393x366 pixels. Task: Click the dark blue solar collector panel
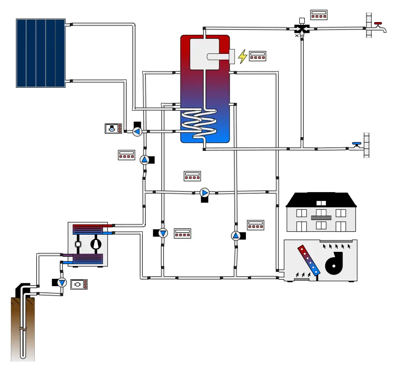41,53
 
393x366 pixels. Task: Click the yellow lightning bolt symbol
242,56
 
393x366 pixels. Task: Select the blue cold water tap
356,145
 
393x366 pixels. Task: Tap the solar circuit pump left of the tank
137,131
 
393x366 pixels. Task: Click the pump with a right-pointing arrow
205,192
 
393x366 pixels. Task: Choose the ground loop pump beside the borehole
62,283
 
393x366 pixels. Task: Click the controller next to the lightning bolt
258,56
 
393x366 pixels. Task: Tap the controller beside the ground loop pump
79,284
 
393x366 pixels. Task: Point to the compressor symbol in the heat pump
97,244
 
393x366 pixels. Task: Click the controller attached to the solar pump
113,129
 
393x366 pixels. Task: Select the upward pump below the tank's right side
236,236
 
